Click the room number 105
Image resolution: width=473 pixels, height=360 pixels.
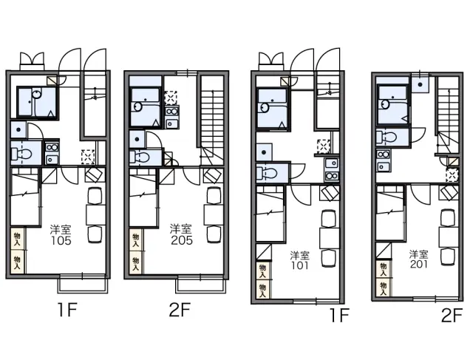[x=61, y=240]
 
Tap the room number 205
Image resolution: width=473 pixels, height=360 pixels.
[x=182, y=240]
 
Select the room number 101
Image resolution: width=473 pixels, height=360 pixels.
[x=300, y=265]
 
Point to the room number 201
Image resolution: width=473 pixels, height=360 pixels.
[x=419, y=264]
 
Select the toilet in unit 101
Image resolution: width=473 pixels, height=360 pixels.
[x=267, y=173]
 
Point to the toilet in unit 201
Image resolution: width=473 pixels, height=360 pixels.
[x=386, y=138]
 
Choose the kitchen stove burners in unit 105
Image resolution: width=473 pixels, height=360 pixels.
[x=52, y=147]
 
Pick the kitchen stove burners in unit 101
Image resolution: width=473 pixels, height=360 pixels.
[x=332, y=176]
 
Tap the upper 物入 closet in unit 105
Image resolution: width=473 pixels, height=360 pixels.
[x=18, y=239]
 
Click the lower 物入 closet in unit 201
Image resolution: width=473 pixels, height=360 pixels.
[x=384, y=288]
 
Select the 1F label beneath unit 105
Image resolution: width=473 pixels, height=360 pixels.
[x=67, y=310]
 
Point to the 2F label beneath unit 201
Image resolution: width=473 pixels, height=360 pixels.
[x=452, y=315]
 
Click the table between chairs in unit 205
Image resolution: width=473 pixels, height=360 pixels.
[x=214, y=214]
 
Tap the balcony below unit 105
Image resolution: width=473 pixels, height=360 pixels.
[x=83, y=284]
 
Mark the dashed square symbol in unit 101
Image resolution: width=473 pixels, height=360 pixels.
[x=324, y=147]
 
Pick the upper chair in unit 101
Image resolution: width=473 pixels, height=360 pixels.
[x=329, y=219]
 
